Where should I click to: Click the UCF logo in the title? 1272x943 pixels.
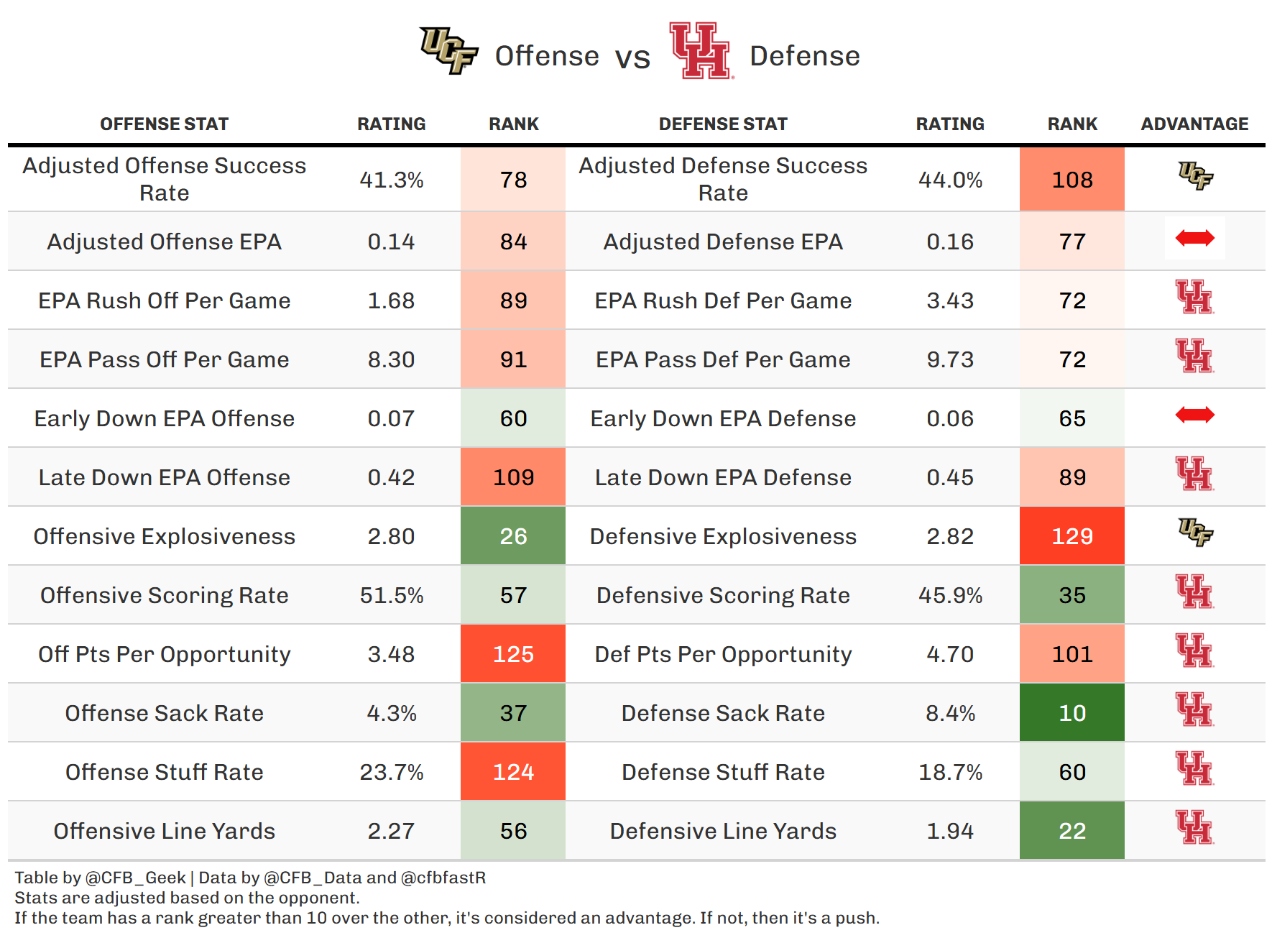pos(449,50)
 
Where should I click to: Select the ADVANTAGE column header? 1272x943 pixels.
pos(1194,124)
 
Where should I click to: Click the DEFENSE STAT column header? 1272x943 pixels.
pos(723,124)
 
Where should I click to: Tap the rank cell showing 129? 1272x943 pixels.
pos(1071,536)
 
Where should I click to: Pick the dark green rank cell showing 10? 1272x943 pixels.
pos(1071,713)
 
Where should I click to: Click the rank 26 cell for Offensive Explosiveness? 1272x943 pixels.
pos(513,536)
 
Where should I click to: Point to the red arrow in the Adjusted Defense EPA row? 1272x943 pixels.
pos(1194,238)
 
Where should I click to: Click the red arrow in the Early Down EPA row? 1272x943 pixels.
pos(1194,415)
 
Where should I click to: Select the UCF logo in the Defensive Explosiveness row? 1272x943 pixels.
pos(1195,533)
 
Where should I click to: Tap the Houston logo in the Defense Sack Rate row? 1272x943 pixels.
pos(1194,709)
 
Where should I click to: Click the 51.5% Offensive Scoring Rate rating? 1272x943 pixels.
pos(392,595)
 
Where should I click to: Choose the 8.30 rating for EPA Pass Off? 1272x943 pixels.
pos(392,359)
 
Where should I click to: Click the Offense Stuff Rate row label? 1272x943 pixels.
pos(165,772)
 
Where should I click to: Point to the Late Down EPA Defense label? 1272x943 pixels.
pos(723,477)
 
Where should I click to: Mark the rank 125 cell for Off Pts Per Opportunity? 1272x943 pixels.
pos(513,654)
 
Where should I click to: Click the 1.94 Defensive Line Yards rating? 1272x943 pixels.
pos(950,831)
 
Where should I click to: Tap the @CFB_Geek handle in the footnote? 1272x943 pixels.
pos(135,878)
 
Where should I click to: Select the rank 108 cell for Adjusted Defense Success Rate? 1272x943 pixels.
pos(1071,180)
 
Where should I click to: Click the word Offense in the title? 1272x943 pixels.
pos(547,56)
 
